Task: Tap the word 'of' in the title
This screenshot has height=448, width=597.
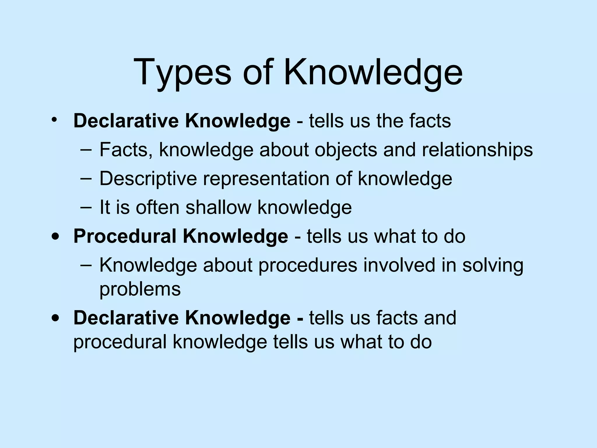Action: pos(257,72)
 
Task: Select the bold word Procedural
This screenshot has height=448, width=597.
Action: pos(125,236)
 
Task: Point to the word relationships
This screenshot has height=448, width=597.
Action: pos(477,150)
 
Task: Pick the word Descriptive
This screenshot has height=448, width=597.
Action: pos(148,178)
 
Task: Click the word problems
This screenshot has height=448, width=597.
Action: pos(140,289)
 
